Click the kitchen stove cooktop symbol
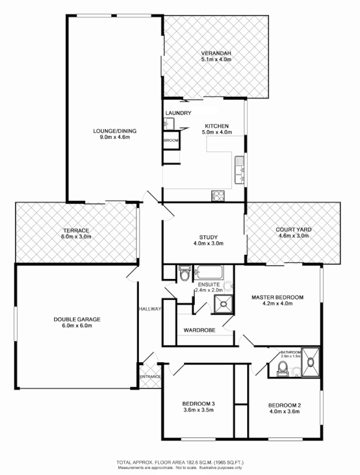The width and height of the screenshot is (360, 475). (x=217, y=196)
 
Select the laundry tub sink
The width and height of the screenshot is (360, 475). (x=168, y=123)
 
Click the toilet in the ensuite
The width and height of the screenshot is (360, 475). (x=185, y=275)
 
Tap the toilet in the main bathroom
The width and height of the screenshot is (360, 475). (x=283, y=369)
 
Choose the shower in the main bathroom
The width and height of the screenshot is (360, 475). (x=310, y=362)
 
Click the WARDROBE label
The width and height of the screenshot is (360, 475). (x=199, y=330)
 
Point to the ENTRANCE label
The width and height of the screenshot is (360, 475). (x=150, y=376)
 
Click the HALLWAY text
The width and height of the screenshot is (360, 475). (x=149, y=309)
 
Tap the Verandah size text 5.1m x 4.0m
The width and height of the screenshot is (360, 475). (x=215, y=60)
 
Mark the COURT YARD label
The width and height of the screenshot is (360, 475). (x=293, y=230)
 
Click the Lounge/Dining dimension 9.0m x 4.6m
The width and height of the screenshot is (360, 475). (x=110, y=137)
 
